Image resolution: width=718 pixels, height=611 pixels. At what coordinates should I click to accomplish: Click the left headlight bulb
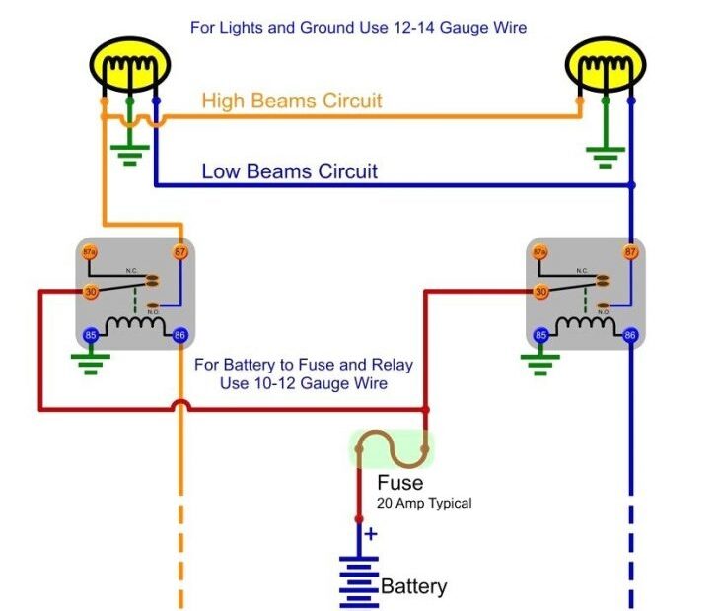pos(129,68)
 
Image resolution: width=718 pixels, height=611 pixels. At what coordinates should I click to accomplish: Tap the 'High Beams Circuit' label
pos(291,101)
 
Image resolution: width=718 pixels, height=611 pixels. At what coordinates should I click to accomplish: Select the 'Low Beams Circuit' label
pos(289,171)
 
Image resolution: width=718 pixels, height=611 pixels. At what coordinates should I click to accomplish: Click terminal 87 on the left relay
pos(179,252)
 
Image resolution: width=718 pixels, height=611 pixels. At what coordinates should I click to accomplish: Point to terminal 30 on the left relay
pos(90,292)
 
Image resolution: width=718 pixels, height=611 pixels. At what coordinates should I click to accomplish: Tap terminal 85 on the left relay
pos(90,335)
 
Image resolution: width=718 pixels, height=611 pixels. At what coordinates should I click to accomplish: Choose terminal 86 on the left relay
pos(179,335)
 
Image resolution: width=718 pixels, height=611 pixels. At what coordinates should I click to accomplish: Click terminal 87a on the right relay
pos(539,252)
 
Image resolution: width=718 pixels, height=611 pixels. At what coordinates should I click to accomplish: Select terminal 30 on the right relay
pos(539,292)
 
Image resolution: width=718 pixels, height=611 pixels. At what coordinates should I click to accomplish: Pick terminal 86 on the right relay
pos(630,335)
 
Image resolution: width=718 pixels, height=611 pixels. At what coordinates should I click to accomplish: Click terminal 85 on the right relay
pos(539,335)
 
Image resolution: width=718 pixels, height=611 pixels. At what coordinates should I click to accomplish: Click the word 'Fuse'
pos(399,483)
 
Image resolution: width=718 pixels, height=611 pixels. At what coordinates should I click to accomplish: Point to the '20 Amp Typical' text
pos(424,503)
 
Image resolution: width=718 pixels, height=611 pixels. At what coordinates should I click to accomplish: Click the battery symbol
pos(358,581)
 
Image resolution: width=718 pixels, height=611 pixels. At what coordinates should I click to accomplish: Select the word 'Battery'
pos(413,587)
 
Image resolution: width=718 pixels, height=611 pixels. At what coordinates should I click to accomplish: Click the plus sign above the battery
pos(371,534)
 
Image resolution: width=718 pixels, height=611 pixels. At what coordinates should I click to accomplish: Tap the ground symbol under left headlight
pos(129,153)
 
